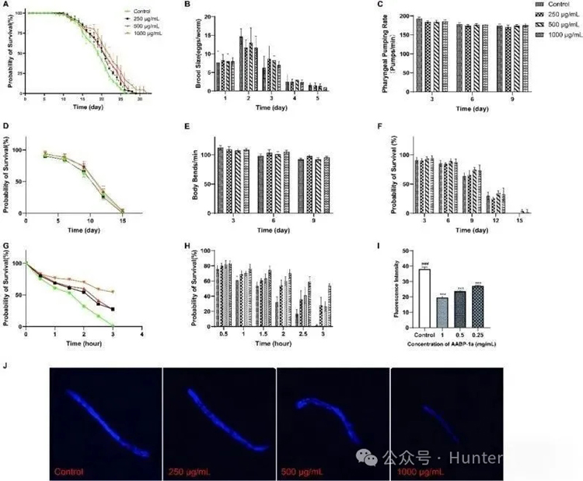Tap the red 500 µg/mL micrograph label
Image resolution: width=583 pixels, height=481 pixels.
304,471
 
